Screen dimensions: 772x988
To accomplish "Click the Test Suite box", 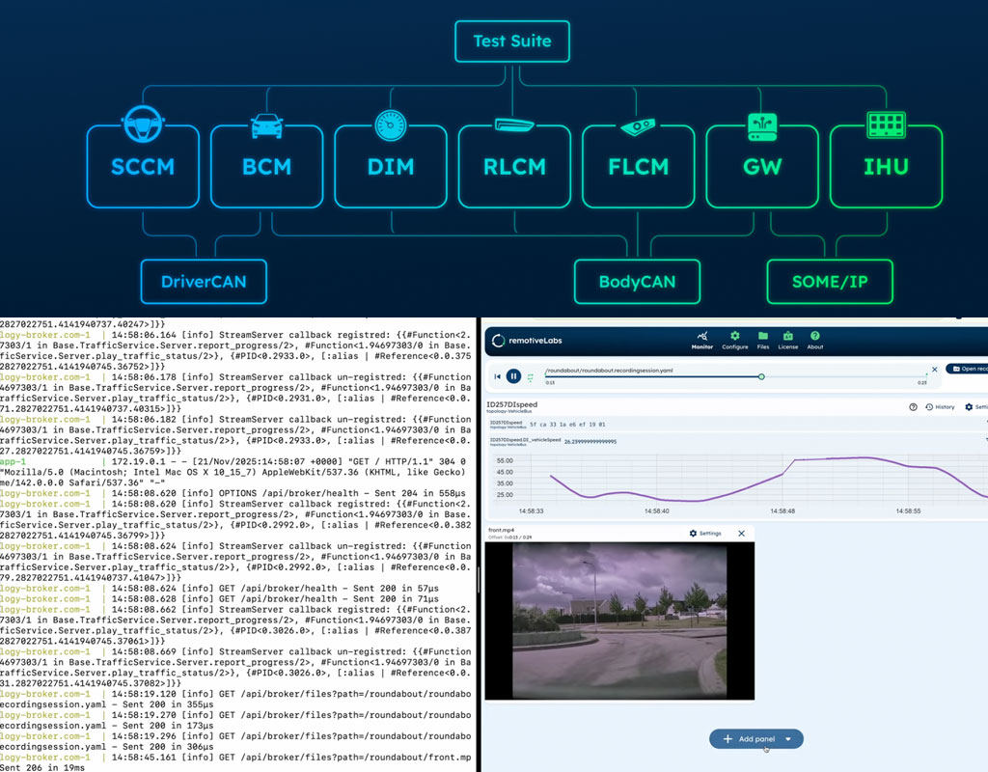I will tap(512, 41).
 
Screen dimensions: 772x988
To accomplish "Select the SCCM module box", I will tap(143, 166).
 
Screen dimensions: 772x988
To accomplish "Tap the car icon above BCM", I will tap(266, 124).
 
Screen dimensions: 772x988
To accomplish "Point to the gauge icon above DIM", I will tap(390, 124).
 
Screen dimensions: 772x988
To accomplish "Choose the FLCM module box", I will tap(638, 166).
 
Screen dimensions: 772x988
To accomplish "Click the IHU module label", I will tap(886, 167).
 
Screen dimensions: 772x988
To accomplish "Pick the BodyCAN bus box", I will tap(636, 282).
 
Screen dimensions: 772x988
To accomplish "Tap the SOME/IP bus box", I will tap(830, 282).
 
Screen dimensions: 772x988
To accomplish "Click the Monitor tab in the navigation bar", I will tap(701, 339).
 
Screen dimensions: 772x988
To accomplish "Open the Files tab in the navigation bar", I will tap(762, 339).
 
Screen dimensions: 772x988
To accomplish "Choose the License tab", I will tap(788, 339).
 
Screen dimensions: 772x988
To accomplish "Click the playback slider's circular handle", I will tap(761, 375).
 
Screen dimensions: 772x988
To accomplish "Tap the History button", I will tap(940, 407).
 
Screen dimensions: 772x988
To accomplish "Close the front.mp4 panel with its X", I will tap(741, 534).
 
